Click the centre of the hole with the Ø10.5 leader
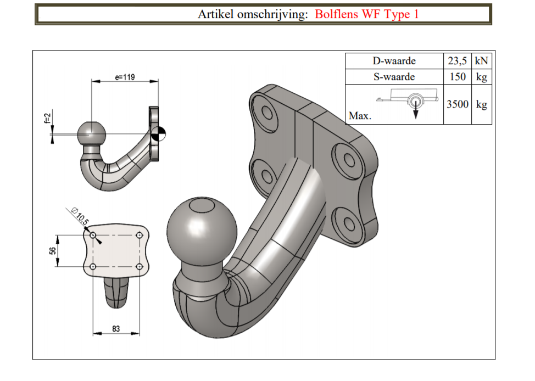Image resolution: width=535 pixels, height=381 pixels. (93, 236)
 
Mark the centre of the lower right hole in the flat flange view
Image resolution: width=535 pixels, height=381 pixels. (139, 266)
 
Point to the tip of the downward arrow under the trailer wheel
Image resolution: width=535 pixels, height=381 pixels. (416, 119)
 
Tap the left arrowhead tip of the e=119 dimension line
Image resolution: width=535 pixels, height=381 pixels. (91, 81)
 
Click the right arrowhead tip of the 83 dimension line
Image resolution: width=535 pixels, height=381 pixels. (140, 333)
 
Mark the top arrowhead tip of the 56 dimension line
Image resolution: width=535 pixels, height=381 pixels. (57, 236)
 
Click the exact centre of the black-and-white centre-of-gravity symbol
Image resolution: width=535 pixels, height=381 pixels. (158, 134)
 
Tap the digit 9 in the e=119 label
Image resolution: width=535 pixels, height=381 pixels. (132, 77)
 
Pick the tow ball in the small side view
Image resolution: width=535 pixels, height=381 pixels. (91, 135)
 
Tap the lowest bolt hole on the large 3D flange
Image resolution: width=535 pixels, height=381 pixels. (349, 223)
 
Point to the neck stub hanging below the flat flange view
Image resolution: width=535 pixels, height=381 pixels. (116, 292)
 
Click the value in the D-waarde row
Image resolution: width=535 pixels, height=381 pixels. (457, 61)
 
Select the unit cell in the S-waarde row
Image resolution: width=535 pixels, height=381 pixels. (481, 77)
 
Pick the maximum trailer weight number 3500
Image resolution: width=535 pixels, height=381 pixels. (457, 104)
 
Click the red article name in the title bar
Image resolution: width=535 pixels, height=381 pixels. (366, 14)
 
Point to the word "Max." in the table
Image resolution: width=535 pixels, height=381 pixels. (360, 116)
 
